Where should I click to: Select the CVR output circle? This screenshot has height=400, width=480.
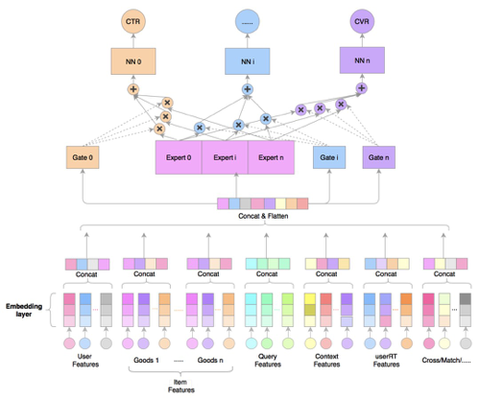[x=362, y=20]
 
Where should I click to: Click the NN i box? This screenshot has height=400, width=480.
[x=247, y=63]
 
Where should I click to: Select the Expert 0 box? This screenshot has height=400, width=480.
[x=178, y=156]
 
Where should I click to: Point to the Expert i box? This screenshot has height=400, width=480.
[x=225, y=156]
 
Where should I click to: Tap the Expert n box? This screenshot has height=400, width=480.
[x=271, y=156]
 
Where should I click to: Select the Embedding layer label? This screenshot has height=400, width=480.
[x=24, y=310]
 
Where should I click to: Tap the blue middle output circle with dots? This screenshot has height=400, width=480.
[x=247, y=20]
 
